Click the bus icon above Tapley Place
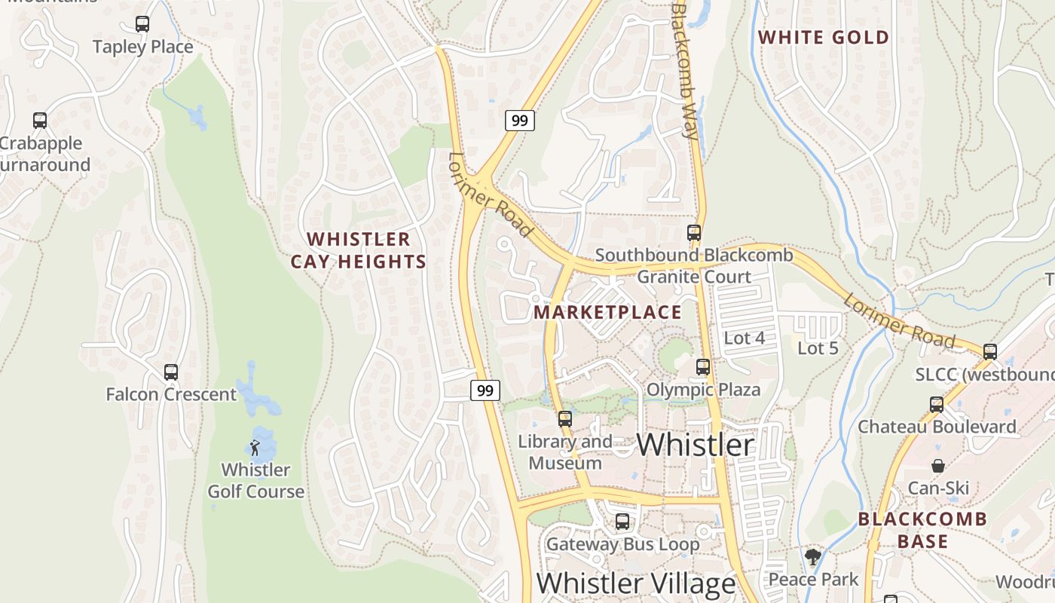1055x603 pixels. [142, 24]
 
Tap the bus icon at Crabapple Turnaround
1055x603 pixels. [40, 121]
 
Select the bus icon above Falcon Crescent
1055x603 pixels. [171, 372]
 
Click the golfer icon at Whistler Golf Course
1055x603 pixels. [255, 448]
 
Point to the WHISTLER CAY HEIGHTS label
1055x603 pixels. [359, 251]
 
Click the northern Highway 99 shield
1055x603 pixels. [519, 120]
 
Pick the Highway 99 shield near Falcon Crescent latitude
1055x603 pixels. [485, 390]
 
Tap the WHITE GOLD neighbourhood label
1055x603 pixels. [824, 37]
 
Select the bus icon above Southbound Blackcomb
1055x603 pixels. [694, 233]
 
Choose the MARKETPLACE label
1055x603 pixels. [607, 312]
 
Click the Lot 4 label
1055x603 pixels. [744, 338]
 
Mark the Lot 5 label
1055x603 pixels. [818, 348]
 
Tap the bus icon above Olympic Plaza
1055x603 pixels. [703, 367]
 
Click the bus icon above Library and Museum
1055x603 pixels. [565, 419]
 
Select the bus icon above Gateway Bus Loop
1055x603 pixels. [622, 522]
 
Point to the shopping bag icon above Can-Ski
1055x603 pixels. [938, 466]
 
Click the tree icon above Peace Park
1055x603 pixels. [812, 558]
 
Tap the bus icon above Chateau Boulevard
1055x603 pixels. [937, 404]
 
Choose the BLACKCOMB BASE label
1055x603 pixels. [922, 530]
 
